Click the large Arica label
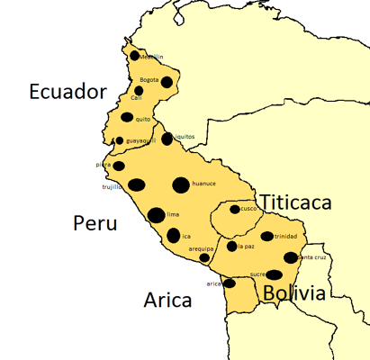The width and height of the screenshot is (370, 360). (x=167, y=300)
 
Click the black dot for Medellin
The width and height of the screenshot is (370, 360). (x=135, y=55)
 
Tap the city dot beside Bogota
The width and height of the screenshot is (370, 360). (x=167, y=82)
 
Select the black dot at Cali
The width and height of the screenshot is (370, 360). (x=139, y=90)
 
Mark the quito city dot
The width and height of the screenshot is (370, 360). (x=127, y=117)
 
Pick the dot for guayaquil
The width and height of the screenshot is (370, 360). (x=120, y=140)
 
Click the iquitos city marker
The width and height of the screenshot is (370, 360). (x=167, y=139)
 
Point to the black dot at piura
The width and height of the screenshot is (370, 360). (x=118, y=166)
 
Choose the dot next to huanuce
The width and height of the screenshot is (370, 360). (x=181, y=184)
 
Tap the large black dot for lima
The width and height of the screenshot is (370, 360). (x=156, y=215)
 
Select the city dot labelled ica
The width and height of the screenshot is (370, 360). (x=173, y=236)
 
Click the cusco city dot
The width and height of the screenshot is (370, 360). (x=234, y=210)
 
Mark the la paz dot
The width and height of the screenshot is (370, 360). (x=231, y=246)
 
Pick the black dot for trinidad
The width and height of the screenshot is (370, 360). (x=266, y=237)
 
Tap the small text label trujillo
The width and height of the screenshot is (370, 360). (x=112, y=187)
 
